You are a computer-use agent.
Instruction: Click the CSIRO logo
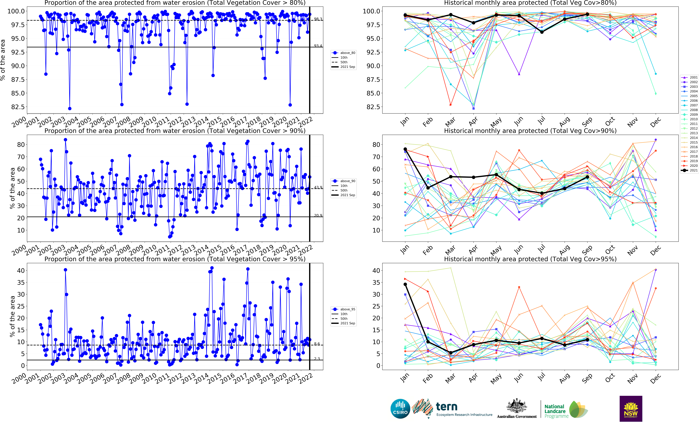[400, 409]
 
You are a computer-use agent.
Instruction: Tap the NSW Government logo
[631, 409]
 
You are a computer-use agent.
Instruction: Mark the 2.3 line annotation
[317, 359]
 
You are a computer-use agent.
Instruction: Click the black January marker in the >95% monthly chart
[405, 284]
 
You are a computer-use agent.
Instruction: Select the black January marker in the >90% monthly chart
[405, 149]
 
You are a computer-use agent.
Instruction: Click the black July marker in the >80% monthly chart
[542, 32]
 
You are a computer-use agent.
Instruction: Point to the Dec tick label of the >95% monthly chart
[655, 379]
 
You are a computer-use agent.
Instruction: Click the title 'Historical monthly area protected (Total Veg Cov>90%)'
[530, 131]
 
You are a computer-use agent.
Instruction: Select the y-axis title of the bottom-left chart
[12, 316]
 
